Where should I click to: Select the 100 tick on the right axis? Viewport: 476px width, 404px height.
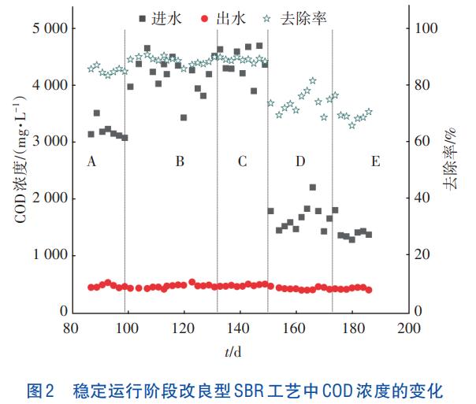pos(426,28)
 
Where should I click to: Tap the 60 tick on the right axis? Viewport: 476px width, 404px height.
pos(422,142)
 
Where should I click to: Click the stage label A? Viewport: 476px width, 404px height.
pos(92,161)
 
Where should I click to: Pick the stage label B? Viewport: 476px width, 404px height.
pos(180,161)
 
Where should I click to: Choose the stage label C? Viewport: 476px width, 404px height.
pos(242,161)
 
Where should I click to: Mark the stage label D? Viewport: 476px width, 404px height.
pos(300,161)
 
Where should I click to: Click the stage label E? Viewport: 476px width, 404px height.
pos(375,161)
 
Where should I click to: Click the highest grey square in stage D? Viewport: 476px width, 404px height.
pos(313,187)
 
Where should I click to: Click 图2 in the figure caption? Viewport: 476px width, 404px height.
pos(40,389)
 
